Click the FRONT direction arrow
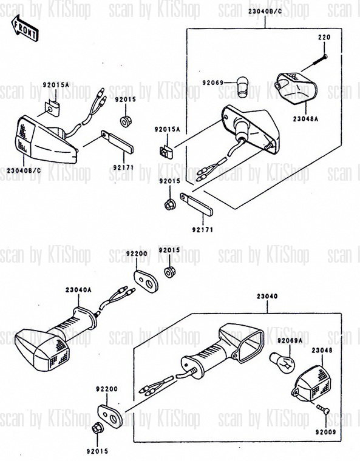point(25,29)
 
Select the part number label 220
point(324,38)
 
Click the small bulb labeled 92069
point(243,87)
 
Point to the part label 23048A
point(305,119)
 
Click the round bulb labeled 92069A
point(282,363)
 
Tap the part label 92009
point(325,432)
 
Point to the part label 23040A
point(78,289)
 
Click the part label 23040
point(267,297)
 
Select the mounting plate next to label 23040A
point(146,281)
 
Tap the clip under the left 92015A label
point(52,109)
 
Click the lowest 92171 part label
point(203,230)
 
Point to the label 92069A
point(290,340)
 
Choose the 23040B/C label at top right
point(265,12)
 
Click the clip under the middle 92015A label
point(166,152)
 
